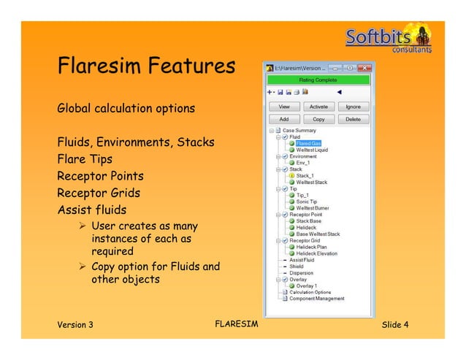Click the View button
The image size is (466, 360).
pos(285,107)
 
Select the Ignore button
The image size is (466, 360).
pos(353,107)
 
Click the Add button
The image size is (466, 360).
pos(285,119)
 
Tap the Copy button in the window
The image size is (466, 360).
pos(318,119)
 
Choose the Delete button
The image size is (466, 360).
pos(353,119)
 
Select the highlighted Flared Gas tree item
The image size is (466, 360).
pos(308,143)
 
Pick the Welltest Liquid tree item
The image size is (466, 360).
pos(312,150)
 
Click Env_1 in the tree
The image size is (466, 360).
pos(304,163)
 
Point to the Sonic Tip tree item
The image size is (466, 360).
pos(307,202)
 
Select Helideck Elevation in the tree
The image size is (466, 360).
pos(318,253)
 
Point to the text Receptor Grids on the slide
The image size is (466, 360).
pos(99,194)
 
